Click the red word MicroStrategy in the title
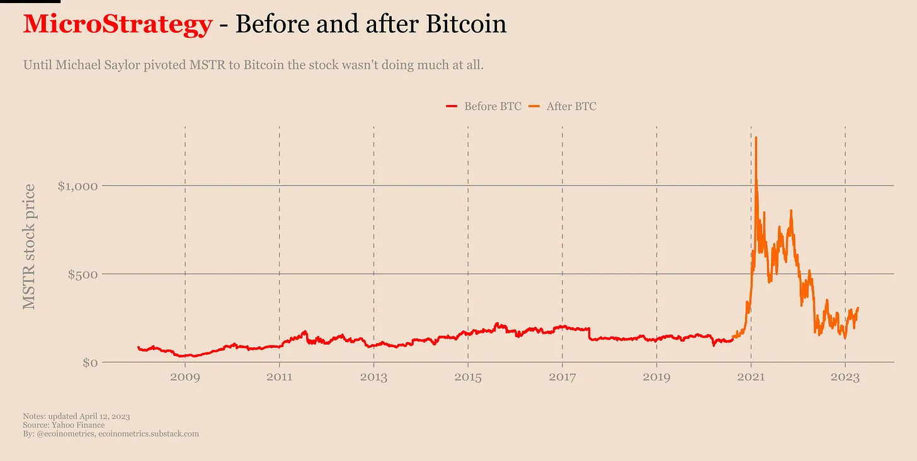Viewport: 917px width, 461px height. tap(118, 25)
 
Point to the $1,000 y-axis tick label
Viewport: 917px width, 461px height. tap(78, 186)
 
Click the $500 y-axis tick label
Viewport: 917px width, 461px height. tap(84, 274)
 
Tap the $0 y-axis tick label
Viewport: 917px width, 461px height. tap(90, 363)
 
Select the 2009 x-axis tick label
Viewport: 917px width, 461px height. tap(185, 378)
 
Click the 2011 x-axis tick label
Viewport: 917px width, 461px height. tap(279, 378)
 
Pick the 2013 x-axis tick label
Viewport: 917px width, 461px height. tap(373, 378)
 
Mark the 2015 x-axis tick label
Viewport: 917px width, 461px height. tap(468, 378)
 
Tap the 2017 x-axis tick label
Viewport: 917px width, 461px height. tap(562, 378)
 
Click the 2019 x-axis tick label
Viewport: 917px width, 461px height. tap(657, 378)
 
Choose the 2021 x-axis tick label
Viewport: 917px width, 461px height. tap(751, 378)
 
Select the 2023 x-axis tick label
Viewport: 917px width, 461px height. tap(845, 378)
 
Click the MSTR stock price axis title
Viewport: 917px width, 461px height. tap(29, 247)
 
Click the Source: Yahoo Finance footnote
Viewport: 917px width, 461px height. tap(64, 425)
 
